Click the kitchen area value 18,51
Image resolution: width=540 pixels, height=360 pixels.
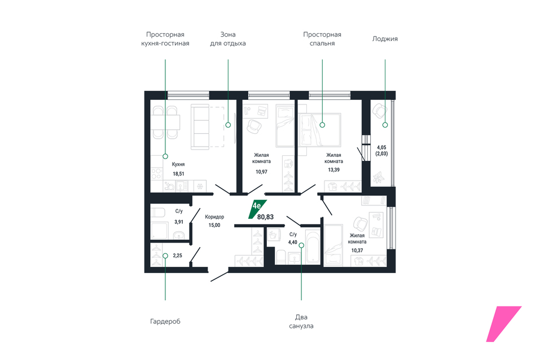178,174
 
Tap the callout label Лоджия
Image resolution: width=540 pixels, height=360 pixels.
385,39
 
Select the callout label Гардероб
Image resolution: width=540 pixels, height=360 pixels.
165,322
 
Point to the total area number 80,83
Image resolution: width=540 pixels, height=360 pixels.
266,217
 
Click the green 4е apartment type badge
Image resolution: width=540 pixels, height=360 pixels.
257,209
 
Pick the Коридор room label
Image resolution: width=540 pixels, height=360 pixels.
214,217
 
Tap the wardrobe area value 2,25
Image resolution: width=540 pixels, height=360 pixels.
177,256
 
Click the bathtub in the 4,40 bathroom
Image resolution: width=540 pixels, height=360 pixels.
313,247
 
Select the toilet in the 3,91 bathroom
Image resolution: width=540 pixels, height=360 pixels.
159,212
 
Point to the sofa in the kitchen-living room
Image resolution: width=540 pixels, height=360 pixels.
200,127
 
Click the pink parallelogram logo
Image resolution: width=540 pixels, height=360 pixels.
504,324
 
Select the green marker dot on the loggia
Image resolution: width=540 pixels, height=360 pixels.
385,125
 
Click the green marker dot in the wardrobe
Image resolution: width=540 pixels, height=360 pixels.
165,256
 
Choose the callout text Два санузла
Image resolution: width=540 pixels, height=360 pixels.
301,322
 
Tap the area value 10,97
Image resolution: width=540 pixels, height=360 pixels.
261,172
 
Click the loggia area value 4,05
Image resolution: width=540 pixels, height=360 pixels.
381,147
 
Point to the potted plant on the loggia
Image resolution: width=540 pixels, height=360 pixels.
379,177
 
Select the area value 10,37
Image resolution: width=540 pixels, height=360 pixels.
357,251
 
